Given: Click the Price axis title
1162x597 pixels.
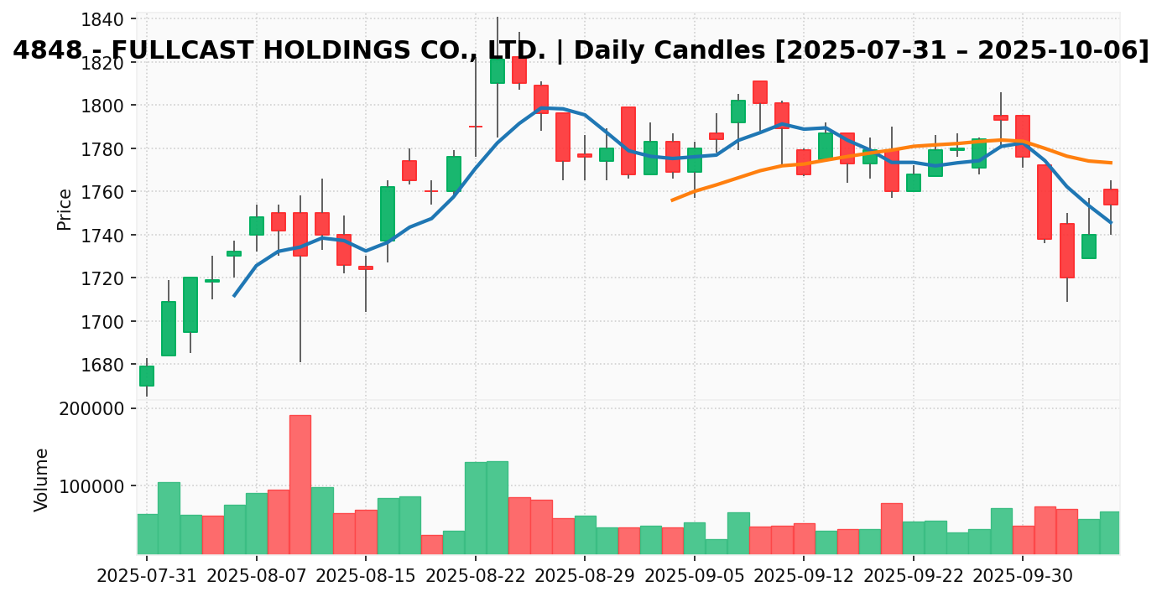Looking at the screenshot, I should click(65, 208).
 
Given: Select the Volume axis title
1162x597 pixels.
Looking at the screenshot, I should click(42, 480).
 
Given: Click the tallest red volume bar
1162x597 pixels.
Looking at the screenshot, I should click(300, 484).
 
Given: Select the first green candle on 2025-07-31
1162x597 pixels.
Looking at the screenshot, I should click(147, 376).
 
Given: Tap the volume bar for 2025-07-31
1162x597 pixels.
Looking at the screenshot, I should click(147, 533).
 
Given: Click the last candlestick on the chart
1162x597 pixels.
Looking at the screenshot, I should click(1111, 197).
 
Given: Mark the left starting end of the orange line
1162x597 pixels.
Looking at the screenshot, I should click(672, 200).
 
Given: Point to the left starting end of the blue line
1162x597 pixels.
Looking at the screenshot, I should click(234, 296).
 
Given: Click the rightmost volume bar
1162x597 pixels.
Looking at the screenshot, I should click(1110, 532).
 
